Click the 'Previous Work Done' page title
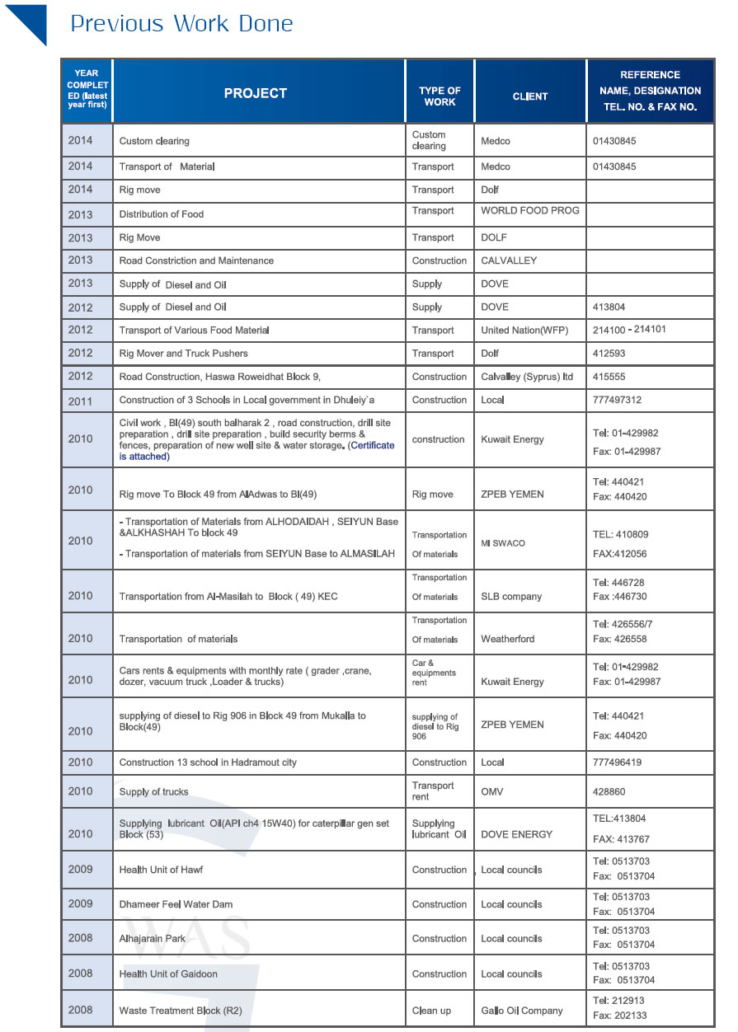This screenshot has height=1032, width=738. (x=181, y=24)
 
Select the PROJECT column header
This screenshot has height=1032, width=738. (x=256, y=94)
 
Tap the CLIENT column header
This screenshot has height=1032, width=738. (x=529, y=96)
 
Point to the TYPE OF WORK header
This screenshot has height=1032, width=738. (x=440, y=96)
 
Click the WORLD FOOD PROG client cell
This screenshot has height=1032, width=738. (x=529, y=211)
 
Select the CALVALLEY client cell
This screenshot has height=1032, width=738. (x=509, y=260)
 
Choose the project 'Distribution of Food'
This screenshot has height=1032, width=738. (x=162, y=214)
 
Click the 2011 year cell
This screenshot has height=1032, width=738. (x=81, y=400)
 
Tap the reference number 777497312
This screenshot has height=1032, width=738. (x=617, y=400)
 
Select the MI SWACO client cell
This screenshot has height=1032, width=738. (x=503, y=543)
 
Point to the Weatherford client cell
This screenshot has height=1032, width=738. (x=507, y=639)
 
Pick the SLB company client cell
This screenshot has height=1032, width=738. (x=511, y=596)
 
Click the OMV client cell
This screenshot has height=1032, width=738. (x=492, y=791)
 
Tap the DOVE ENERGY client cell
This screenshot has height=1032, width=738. (x=516, y=834)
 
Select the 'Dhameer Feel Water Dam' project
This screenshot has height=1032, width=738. (x=176, y=904)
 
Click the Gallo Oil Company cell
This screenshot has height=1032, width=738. (x=521, y=1011)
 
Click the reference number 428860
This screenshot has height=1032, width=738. (x=609, y=791)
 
